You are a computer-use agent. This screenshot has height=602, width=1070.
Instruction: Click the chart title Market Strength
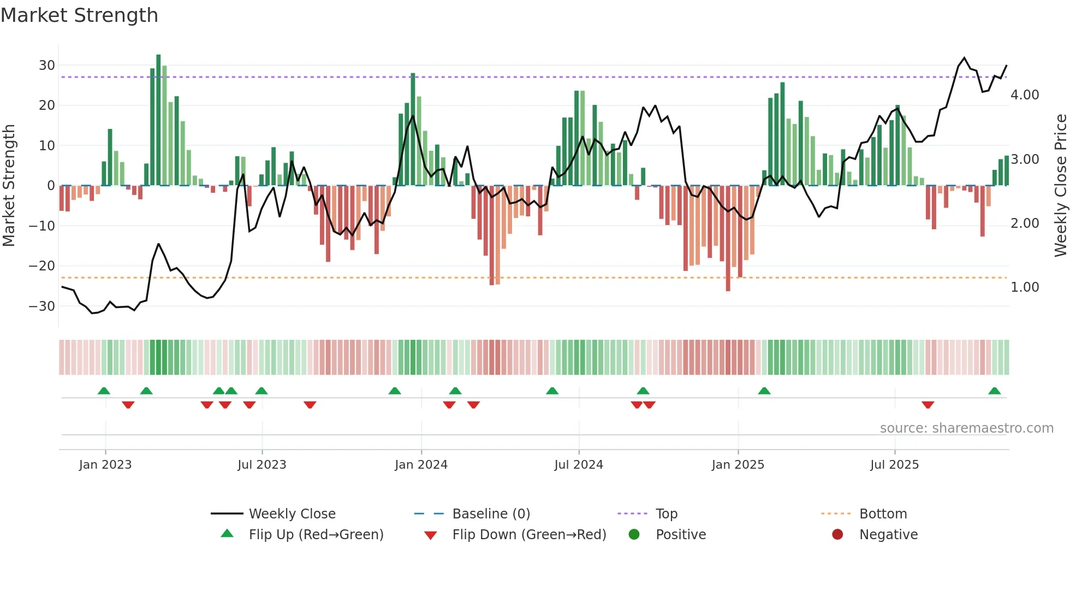point(79,15)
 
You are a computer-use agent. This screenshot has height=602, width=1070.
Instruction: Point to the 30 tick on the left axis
point(47,66)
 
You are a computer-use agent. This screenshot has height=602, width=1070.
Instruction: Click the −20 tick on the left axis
point(42,266)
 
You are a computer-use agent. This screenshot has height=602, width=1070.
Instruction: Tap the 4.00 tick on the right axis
point(1025,95)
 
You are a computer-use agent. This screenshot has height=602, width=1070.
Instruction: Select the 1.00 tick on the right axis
point(1025,287)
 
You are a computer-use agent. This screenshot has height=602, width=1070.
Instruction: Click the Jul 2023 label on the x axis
point(261,465)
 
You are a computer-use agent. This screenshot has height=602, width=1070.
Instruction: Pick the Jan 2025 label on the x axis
point(738,465)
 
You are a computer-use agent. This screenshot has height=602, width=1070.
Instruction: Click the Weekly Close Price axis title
point(1060,186)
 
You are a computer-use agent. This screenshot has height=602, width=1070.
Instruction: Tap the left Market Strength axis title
point(9,186)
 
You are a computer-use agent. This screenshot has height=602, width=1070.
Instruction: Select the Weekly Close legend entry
point(292,514)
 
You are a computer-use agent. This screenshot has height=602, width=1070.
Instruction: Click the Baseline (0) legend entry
point(491,514)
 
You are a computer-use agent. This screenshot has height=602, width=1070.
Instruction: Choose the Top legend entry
point(666,514)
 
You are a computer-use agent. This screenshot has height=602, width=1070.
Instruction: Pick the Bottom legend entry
point(883,514)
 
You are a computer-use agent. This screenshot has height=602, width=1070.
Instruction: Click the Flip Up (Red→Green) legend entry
point(316,535)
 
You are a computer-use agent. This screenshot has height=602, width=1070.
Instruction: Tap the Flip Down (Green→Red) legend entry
point(528,535)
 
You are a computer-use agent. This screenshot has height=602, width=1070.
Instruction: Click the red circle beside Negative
point(837,534)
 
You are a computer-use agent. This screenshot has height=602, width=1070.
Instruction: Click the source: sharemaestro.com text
point(966,428)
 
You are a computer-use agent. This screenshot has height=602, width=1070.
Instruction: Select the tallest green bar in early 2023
point(158,120)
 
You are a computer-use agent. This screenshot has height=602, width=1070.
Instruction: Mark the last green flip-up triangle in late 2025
point(994,391)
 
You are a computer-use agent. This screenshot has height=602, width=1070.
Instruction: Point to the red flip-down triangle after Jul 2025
point(928,405)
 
